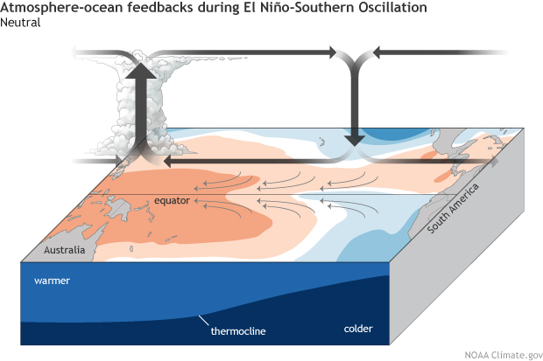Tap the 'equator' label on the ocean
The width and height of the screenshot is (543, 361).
point(172,201)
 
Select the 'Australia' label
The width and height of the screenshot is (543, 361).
point(66,250)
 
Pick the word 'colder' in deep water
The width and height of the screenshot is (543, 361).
point(358,329)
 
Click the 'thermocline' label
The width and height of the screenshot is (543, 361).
point(238,332)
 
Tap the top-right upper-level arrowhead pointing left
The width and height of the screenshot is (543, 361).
point(379,53)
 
